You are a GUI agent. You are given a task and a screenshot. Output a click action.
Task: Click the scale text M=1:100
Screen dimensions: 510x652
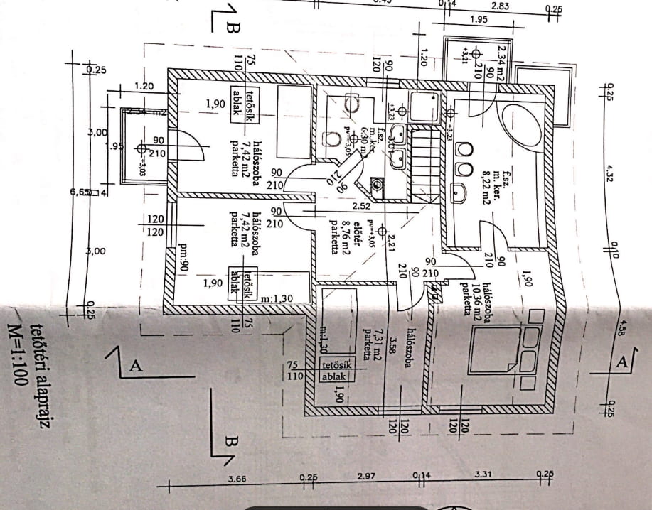click(x=18, y=355)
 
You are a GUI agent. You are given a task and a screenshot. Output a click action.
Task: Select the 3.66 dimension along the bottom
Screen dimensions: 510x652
click(x=237, y=479)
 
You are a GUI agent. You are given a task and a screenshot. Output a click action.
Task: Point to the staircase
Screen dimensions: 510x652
click(x=425, y=163)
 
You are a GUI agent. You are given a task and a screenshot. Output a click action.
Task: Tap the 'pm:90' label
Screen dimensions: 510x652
click(x=183, y=259)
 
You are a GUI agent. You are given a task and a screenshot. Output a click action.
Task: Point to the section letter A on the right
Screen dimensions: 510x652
click(x=622, y=362)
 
